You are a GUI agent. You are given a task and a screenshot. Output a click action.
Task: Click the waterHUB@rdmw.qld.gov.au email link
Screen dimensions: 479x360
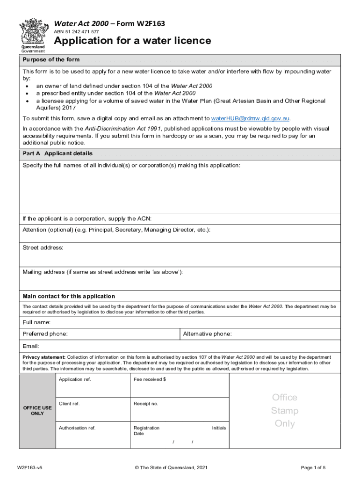coord(251,118)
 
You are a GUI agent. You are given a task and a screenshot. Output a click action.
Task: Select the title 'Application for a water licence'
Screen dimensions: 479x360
coord(133,41)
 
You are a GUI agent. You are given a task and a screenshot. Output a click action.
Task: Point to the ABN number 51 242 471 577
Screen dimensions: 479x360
coord(77,31)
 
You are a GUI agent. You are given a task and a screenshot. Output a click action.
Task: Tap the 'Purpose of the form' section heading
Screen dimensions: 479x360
coord(51,60)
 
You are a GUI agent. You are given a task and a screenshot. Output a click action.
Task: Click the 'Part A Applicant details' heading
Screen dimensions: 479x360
coord(58,153)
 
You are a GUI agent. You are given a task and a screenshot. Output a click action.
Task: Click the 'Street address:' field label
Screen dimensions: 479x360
coord(43,247)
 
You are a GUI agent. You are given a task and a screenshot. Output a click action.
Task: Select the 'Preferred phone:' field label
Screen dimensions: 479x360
coord(45,334)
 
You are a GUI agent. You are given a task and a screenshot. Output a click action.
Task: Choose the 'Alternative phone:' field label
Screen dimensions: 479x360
coord(207,334)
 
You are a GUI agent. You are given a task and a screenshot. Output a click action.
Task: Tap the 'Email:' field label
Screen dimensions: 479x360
coord(31,346)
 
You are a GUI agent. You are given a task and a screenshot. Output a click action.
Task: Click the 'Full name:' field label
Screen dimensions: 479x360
coord(36,322)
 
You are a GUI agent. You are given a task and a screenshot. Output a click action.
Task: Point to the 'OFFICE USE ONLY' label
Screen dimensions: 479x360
coord(37,411)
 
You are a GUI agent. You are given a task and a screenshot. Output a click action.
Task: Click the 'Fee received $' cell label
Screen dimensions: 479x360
coord(150,379)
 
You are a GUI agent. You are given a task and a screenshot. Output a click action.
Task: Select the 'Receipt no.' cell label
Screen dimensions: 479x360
coord(146,404)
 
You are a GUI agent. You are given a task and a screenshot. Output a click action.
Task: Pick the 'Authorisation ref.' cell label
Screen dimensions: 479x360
coord(77,428)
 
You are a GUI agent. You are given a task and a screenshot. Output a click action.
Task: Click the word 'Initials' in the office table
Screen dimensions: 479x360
coord(218,428)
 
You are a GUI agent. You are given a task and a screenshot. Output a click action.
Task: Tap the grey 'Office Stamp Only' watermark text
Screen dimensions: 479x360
coord(285,410)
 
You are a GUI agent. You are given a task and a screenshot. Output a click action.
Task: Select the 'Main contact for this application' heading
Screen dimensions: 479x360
coord(69,296)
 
